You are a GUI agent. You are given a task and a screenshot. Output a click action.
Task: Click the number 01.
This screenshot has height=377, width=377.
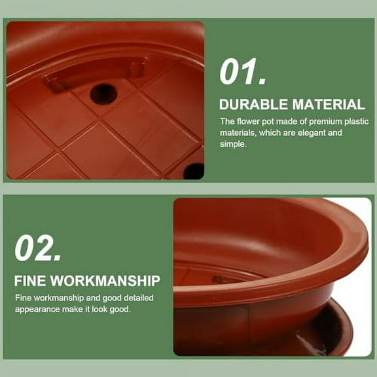[x=243, y=72]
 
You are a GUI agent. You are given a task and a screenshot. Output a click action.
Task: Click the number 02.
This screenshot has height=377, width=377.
[x=38, y=249]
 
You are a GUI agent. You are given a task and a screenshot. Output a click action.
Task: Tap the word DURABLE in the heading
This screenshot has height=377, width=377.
[x=252, y=104]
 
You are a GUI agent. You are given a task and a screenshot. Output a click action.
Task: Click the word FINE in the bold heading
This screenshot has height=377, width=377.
[x=29, y=281]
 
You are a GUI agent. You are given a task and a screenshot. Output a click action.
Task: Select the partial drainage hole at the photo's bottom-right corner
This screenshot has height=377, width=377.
[x=194, y=171]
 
